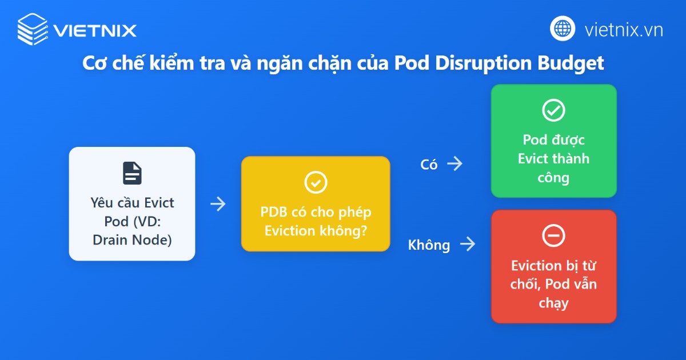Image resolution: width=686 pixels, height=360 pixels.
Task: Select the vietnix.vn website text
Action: point(624,29)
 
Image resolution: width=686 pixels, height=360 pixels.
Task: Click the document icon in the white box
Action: point(132,173)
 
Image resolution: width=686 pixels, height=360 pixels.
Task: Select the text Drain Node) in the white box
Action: point(132,240)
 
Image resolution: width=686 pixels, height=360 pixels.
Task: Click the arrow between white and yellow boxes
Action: point(218,204)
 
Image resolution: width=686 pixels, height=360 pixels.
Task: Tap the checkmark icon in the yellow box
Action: point(316,182)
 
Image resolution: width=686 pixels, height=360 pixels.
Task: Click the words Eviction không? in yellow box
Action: point(316,231)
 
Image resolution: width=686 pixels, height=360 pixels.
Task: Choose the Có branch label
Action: point(429,165)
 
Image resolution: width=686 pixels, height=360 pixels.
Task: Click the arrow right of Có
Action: point(455,164)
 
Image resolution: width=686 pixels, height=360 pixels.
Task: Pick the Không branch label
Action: point(429,245)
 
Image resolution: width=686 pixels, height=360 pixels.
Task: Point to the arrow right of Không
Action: point(468,245)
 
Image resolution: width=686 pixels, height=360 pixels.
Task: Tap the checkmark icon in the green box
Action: point(553,110)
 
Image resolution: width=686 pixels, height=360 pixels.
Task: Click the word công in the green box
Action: point(553,177)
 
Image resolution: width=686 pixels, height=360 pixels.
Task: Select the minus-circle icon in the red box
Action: point(553,235)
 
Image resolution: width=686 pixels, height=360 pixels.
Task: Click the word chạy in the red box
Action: point(553,302)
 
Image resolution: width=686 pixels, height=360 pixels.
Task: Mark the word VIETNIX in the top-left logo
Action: point(95,30)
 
